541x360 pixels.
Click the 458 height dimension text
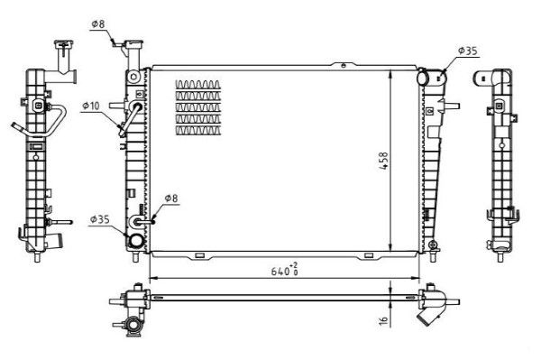click(x=383, y=161)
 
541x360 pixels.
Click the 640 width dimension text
click(x=283, y=270)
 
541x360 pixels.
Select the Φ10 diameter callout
click(x=90, y=106)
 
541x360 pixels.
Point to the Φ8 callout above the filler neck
click(x=99, y=23)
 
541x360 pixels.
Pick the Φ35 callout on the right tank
click(x=466, y=51)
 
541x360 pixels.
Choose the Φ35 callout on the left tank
click(x=98, y=218)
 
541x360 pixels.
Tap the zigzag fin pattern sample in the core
click(x=197, y=107)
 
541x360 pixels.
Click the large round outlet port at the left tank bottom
click(x=136, y=241)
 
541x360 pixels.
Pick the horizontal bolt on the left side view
click(x=61, y=222)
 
